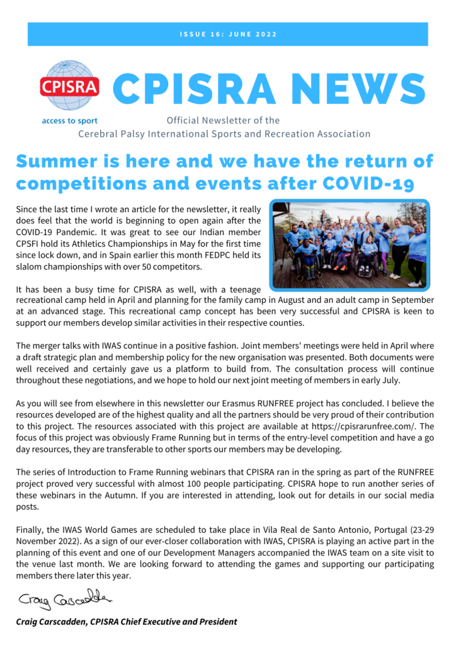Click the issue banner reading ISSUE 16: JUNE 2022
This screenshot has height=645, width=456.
tap(227, 34)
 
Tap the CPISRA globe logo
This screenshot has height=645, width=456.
tap(69, 86)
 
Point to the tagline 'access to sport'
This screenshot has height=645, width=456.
tap(69, 120)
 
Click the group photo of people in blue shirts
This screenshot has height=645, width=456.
tap(350, 244)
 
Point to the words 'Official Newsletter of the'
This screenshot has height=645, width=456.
tap(223, 120)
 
